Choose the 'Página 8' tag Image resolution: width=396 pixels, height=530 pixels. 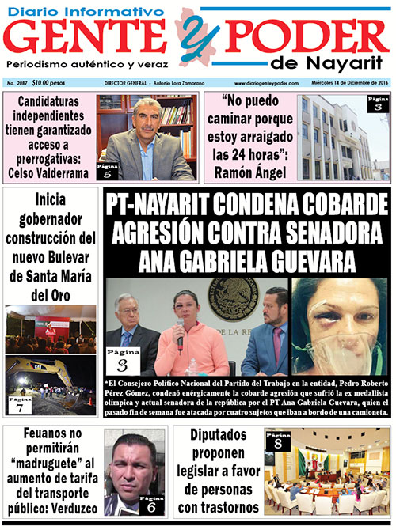[x=276, y=441]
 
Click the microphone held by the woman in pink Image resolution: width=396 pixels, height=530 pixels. [x=181, y=342]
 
